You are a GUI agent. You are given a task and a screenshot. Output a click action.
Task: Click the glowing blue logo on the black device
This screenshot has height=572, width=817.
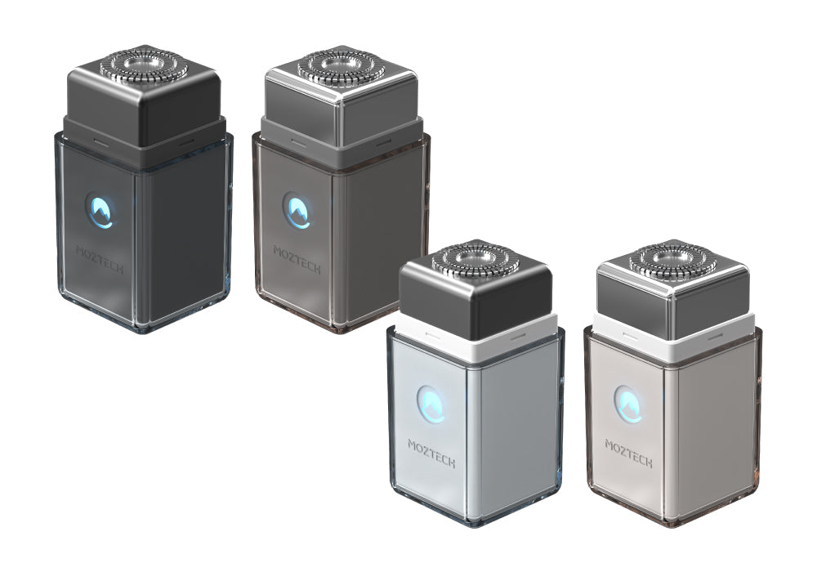pyautogui.click(x=100, y=211)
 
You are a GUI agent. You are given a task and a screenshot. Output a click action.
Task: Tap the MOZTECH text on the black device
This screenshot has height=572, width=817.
pyautogui.click(x=100, y=260)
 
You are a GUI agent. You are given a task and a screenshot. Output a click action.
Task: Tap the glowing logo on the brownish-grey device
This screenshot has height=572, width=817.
pyautogui.click(x=297, y=211)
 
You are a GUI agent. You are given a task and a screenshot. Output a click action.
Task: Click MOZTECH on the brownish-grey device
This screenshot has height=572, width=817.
pyautogui.click(x=297, y=260)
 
